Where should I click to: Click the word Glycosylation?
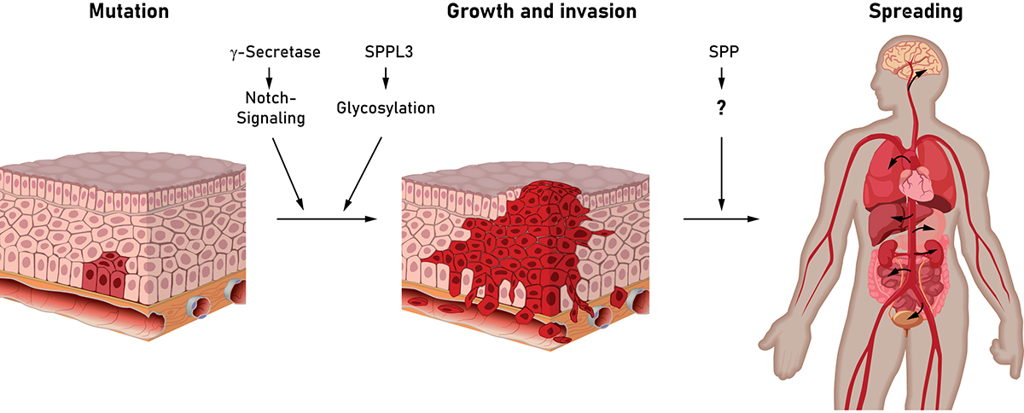pos(386,108)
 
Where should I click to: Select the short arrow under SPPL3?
pos(385,79)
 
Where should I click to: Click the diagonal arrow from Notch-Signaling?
pos(288,172)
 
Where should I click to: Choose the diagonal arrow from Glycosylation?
pos(361,172)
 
